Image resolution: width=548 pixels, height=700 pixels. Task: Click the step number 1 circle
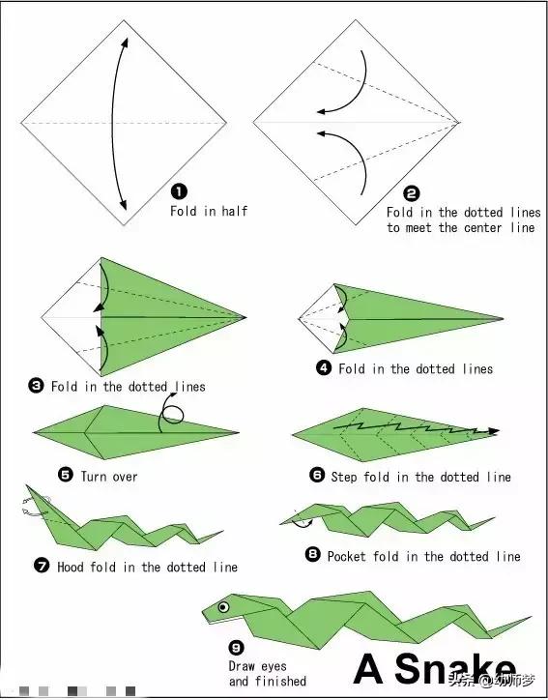click(x=179, y=192)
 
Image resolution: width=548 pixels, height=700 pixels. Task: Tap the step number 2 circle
click(x=412, y=193)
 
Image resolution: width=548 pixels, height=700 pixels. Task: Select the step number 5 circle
click(x=66, y=475)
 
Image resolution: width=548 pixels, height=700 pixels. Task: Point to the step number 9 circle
click(x=236, y=648)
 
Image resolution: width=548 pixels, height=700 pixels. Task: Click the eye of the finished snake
click(x=223, y=606)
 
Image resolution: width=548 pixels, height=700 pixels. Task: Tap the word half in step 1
click(x=235, y=210)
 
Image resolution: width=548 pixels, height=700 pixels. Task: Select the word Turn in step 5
click(x=94, y=477)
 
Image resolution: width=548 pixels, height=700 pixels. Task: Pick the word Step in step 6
click(x=344, y=477)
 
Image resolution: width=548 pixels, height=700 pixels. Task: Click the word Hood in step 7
click(x=70, y=567)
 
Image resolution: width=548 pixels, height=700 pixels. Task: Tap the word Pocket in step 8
click(x=348, y=556)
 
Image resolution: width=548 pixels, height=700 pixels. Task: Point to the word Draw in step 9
click(x=242, y=666)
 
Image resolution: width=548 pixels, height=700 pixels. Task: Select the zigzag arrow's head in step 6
click(x=493, y=431)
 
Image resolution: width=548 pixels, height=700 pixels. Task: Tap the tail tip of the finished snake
click(x=531, y=617)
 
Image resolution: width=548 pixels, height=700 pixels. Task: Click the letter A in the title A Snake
click(x=369, y=668)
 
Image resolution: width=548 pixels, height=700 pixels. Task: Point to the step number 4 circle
click(x=324, y=367)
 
